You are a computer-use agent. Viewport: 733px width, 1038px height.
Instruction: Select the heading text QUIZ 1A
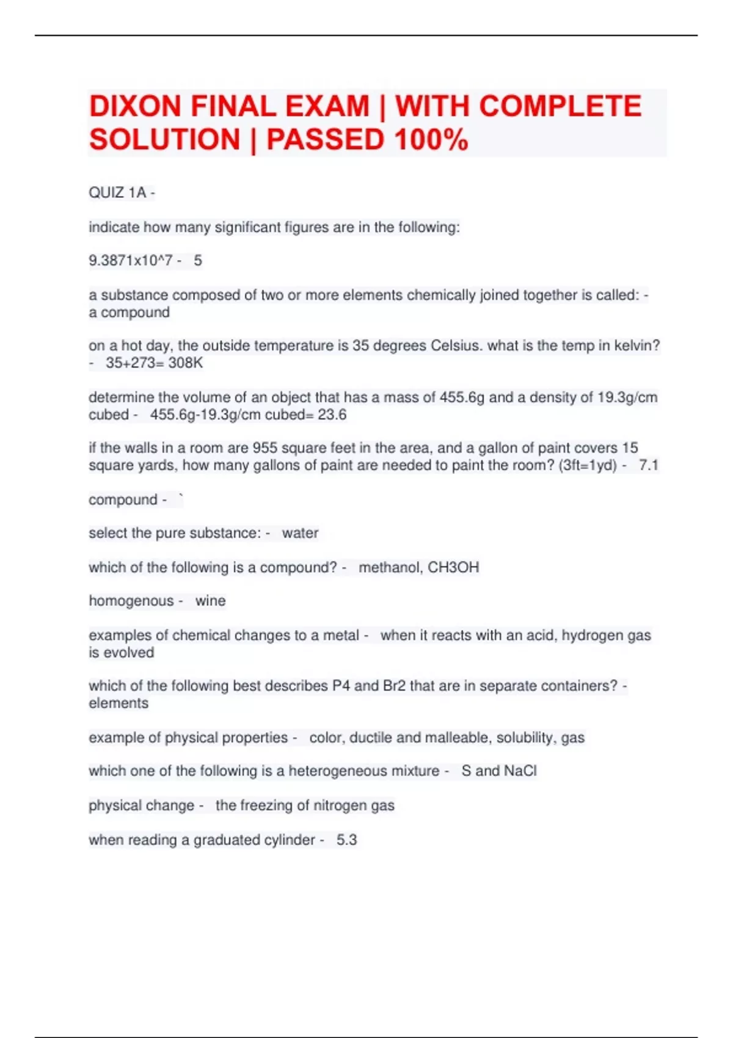coord(117,193)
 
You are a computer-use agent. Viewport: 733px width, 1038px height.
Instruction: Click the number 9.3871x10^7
coord(130,261)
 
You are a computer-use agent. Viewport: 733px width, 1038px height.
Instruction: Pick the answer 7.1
coord(648,466)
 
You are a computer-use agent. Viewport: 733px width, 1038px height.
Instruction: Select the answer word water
coord(300,533)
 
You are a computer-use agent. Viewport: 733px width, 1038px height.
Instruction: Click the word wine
coord(210,601)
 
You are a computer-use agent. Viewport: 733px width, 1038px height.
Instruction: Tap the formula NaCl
coord(520,771)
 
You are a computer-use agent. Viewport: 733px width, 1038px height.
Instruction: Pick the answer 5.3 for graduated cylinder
coord(346,840)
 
